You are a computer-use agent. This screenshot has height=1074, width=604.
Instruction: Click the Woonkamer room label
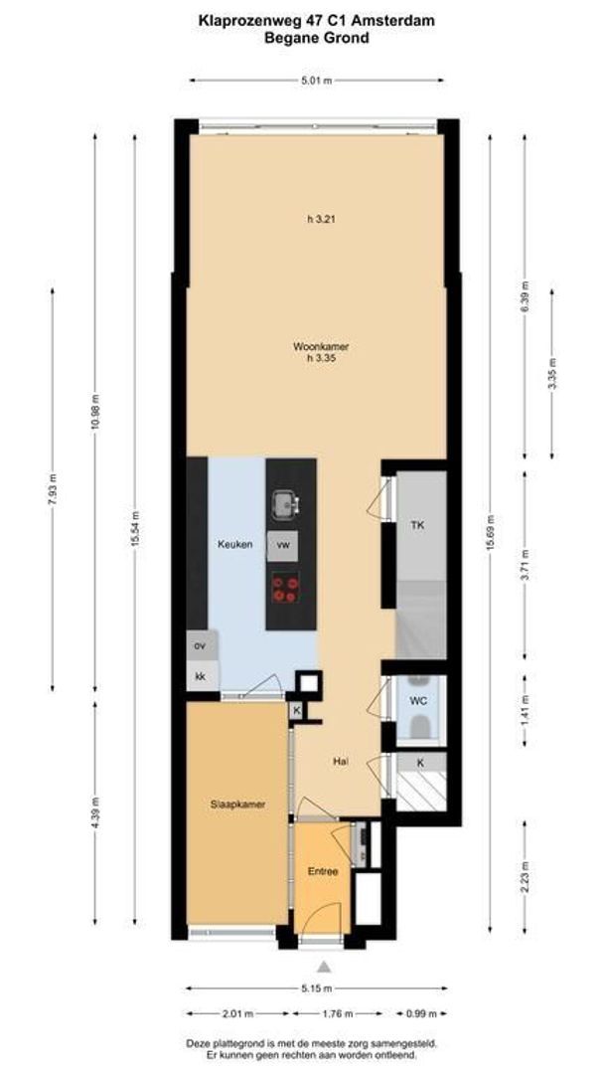pyautogui.click(x=320, y=347)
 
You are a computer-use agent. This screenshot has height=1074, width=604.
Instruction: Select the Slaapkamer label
pyautogui.click(x=236, y=805)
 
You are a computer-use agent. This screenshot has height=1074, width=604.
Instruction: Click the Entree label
pyautogui.click(x=322, y=872)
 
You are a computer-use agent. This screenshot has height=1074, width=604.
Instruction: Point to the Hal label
pyautogui.click(x=341, y=761)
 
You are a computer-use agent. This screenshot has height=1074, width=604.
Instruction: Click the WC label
pyautogui.click(x=418, y=701)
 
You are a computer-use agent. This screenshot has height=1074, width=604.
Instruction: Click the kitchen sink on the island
pyautogui.click(x=286, y=505)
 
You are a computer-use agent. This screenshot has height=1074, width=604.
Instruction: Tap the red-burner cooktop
pyautogui.click(x=285, y=589)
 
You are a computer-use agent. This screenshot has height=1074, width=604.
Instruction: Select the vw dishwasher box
pyautogui.click(x=283, y=545)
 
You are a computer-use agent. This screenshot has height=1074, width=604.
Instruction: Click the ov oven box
pyautogui.click(x=200, y=646)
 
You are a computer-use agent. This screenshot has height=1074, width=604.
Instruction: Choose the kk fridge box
pyautogui.click(x=200, y=676)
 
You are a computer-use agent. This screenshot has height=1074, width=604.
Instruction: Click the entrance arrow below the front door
pyautogui.click(x=323, y=966)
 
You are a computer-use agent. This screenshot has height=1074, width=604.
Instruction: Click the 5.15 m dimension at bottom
pyautogui.click(x=317, y=989)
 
